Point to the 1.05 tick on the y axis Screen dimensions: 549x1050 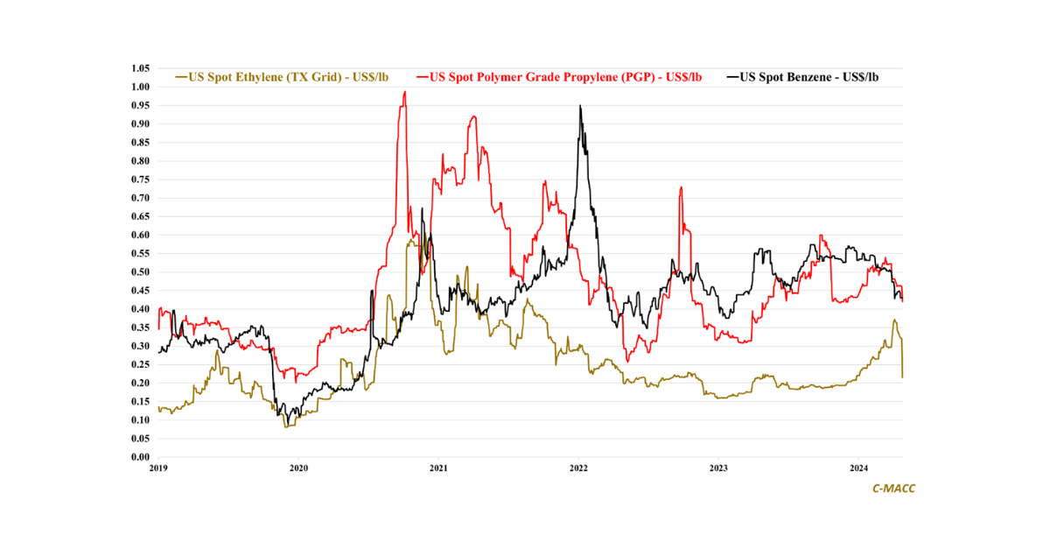coord(139,68)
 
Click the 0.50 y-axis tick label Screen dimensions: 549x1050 coord(139,272)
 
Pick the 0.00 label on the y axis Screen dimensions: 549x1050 coord(139,457)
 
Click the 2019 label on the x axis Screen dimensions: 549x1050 coord(158,469)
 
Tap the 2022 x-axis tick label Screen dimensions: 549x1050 coord(578,469)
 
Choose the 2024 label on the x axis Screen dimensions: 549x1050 coord(858,469)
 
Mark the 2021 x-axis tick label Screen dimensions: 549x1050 coord(438,469)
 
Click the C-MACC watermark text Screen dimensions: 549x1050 coord(893,488)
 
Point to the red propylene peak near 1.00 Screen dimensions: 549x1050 coord(404,92)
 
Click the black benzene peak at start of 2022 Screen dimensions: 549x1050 coord(579,107)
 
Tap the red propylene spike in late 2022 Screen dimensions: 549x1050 coord(680,187)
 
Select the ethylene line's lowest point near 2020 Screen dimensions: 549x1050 coord(285,426)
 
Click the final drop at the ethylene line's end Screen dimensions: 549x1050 coord(902,368)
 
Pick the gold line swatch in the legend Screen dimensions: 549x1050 coord(182,77)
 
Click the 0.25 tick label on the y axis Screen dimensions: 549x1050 coord(139,364)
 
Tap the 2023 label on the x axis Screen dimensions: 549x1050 coord(718,469)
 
